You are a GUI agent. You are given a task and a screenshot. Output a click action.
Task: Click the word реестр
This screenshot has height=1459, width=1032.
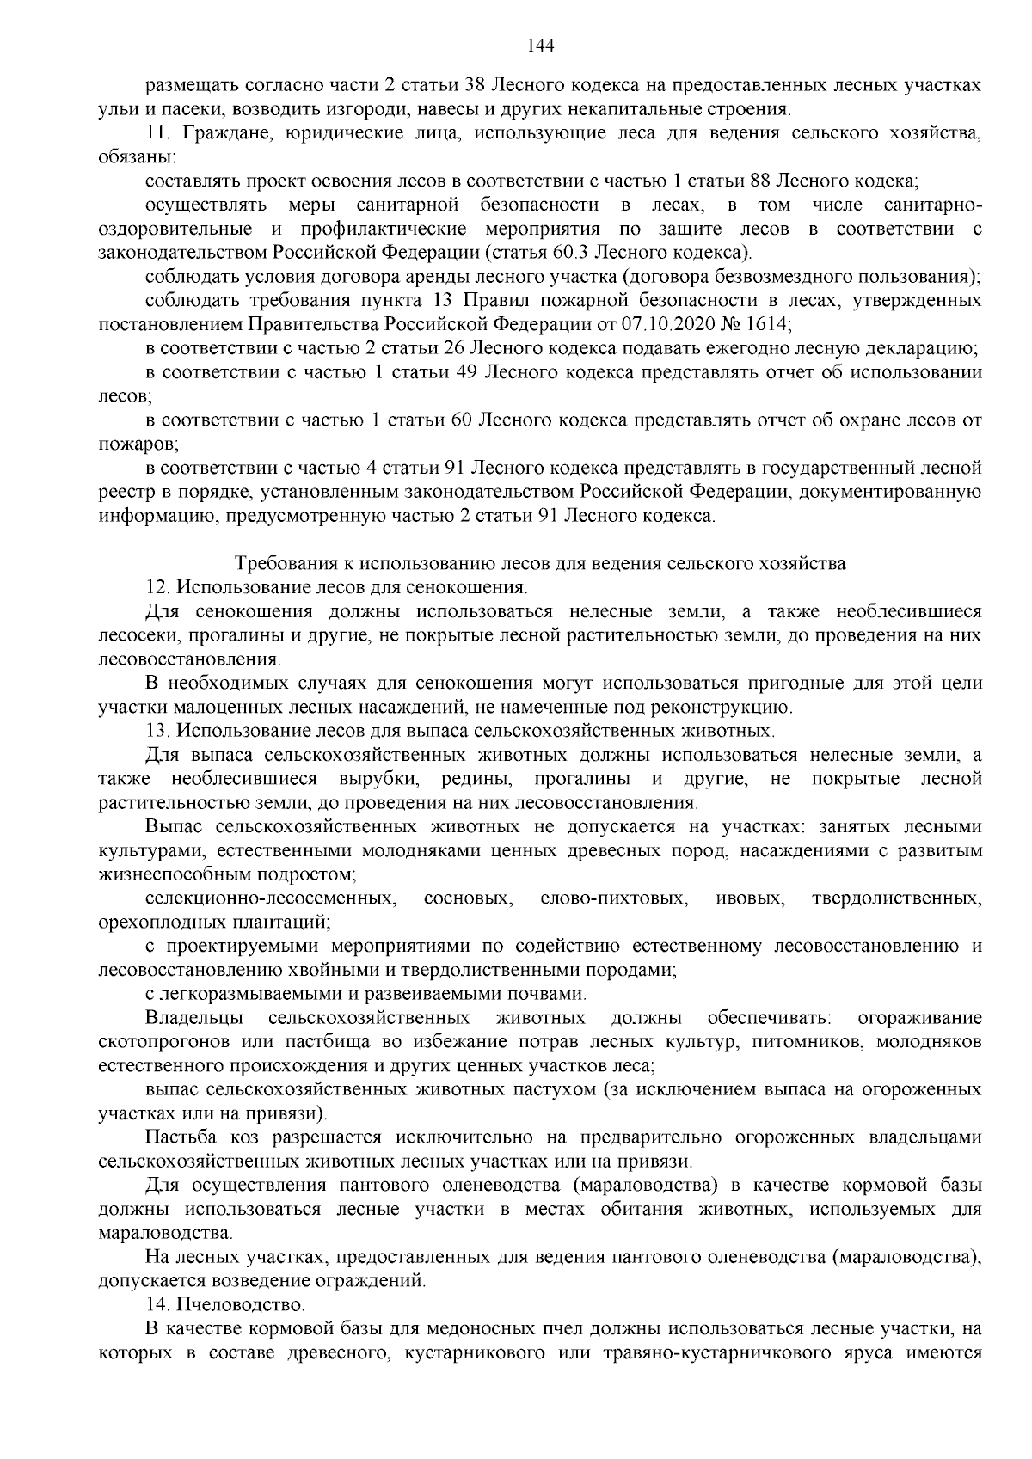click(121, 493)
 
